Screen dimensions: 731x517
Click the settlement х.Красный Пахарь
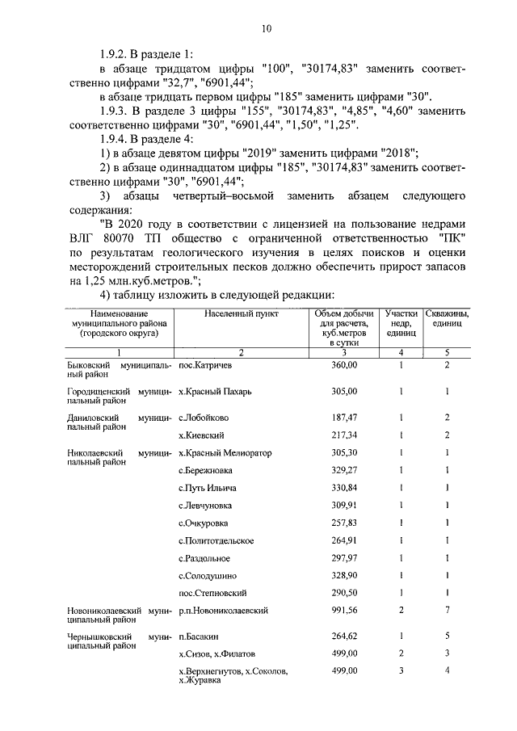[x=214, y=392]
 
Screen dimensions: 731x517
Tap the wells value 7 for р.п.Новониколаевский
[x=447, y=611]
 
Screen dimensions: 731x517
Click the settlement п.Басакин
[x=198, y=637]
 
